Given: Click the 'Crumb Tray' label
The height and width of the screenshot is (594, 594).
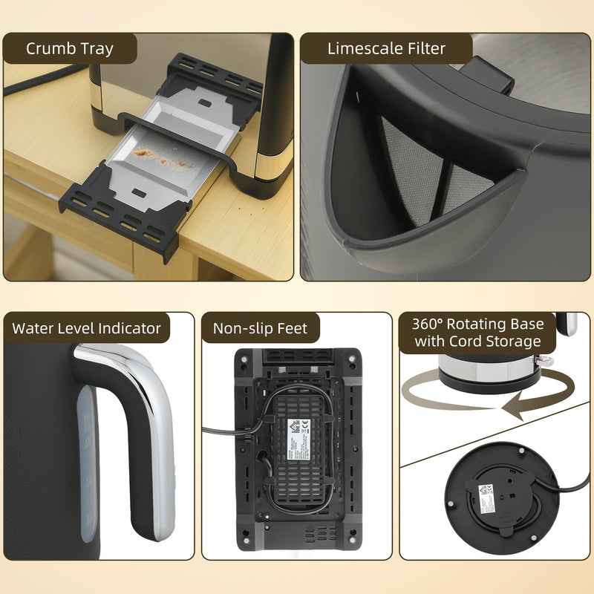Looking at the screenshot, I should click(70, 49).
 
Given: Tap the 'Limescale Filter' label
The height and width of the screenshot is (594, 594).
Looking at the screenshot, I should click(386, 49).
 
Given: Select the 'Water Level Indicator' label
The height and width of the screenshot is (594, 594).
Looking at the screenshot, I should click(87, 328).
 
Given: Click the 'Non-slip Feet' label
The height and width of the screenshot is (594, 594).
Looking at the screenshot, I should click(260, 328).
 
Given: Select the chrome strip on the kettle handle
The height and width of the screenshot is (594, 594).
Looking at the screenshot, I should click(153, 416).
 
